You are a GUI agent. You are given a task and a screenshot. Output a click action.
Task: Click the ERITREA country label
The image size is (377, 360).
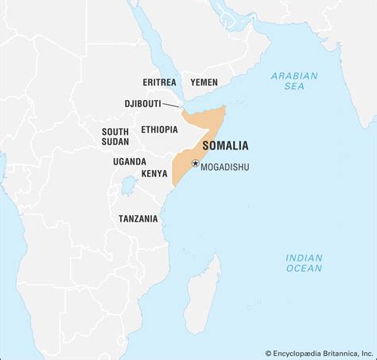(160, 81)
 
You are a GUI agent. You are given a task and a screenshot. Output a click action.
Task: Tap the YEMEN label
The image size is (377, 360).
(203, 81)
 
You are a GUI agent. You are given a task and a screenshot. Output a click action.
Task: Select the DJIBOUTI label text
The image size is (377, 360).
(146, 103)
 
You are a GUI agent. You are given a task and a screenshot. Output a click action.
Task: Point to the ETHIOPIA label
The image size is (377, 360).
(159, 130)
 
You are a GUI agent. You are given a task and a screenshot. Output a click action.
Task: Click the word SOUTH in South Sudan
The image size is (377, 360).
(116, 130)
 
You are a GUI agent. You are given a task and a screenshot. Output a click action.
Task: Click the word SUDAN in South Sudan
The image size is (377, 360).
(116, 141)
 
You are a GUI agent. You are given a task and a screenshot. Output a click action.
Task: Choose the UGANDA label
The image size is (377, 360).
(130, 161)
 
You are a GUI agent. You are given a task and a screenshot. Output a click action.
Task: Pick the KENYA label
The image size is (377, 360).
(154, 173)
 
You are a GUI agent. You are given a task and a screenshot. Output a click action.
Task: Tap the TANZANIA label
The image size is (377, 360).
(138, 218)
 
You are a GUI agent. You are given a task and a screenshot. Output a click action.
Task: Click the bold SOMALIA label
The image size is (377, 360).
(225, 146)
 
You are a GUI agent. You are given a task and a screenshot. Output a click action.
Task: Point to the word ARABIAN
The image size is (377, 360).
(294, 76)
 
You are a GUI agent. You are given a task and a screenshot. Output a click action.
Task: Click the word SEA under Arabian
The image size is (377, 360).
(294, 87)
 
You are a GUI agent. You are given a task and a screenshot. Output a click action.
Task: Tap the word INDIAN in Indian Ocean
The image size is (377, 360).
(304, 257)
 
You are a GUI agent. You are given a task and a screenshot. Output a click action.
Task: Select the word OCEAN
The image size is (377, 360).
(304, 269)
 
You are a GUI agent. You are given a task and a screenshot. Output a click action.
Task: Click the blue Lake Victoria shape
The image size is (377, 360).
(126, 189)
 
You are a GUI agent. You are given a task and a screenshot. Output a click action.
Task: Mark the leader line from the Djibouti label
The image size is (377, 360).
(177, 106)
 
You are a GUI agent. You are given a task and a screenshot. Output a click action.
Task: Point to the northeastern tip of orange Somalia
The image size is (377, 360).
(225, 107)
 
